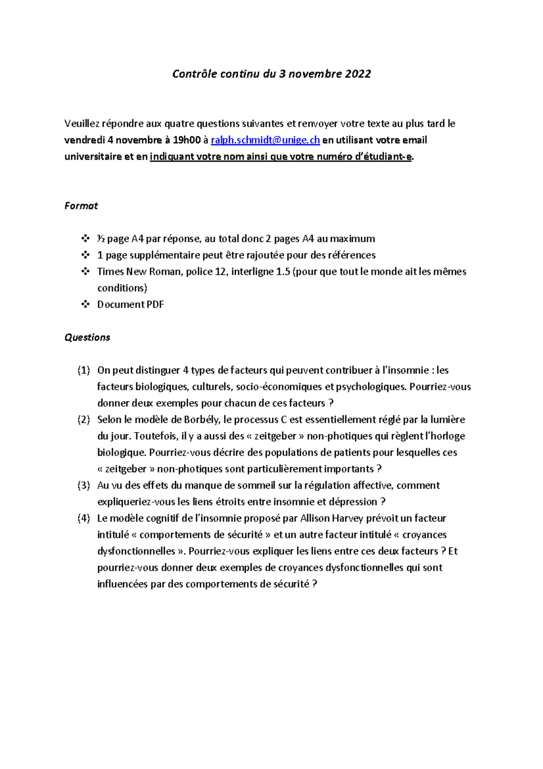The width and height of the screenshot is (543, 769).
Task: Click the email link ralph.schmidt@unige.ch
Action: pyautogui.click(x=265, y=140)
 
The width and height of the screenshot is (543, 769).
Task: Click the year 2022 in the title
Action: pyautogui.click(x=357, y=74)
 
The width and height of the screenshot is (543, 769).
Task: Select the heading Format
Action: pyautogui.click(x=81, y=206)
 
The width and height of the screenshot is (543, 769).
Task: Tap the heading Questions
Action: pyautogui.click(x=87, y=337)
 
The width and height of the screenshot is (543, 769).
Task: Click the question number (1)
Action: pyautogui.click(x=84, y=370)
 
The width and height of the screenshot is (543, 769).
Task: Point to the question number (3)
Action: pyautogui.click(x=84, y=485)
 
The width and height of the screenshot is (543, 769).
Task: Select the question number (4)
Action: pyautogui.click(x=84, y=519)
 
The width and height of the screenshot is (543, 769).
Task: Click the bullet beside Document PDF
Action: pyautogui.click(x=85, y=304)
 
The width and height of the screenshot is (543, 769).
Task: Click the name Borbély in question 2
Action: pyautogui.click(x=201, y=420)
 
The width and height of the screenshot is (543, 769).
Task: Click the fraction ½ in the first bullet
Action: pyautogui.click(x=101, y=239)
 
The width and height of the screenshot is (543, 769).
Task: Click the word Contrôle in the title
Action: pyautogui.click(x=195, y=74)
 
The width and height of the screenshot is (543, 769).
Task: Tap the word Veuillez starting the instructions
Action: pyautogui.click(x=81, y=124)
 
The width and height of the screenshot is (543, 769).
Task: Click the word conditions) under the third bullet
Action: pyautogui.click(x=122, y=288)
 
